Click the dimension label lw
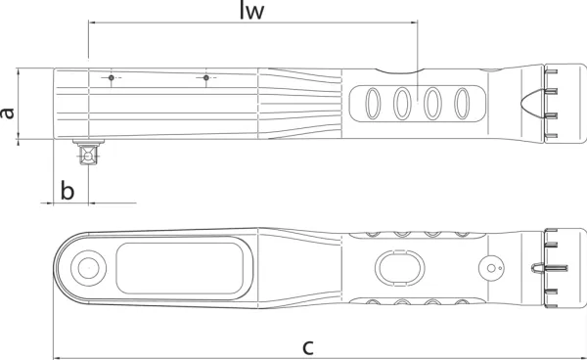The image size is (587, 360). (251, 11)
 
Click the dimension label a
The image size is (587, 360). (7, 112)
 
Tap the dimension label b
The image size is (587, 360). (68, 190)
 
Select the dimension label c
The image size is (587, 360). (308, 347)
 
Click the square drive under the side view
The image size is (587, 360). (88, 153)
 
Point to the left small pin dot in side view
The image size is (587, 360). (112, 78)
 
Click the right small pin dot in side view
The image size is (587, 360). (205, 78)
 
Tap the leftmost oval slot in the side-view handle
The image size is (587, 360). (373, 104)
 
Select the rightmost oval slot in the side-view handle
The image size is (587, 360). (462, 104)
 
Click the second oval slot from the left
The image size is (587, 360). (402, 104)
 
